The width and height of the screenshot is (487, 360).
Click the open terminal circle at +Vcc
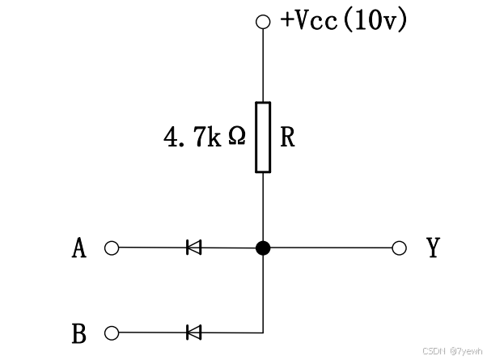tap(262, 22)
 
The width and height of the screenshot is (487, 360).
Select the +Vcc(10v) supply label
tap(343, 19)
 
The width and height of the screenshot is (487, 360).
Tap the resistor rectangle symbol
tap(263, 137)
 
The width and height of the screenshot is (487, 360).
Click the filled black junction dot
tap(263, 248)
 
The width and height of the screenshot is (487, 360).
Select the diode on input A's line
tap(193, 248)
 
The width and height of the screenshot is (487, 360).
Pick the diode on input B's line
tap(193, 332)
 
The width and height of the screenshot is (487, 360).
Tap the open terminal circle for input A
tap(112, 248)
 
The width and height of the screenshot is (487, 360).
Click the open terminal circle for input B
tap(112, 332)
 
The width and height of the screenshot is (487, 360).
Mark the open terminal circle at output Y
tap(398, 248)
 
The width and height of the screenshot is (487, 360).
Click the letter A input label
tap(78, 248)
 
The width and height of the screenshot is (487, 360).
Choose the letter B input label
tap(78, 332)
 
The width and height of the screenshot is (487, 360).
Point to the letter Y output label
tap(433, 248)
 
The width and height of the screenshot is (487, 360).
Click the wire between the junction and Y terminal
tap(332, 248)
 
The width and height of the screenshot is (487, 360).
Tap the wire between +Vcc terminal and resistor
tap(263, 65)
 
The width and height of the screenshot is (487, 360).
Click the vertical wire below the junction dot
tap(263, 291)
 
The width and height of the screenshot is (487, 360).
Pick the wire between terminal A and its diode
tap(150, 248)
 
